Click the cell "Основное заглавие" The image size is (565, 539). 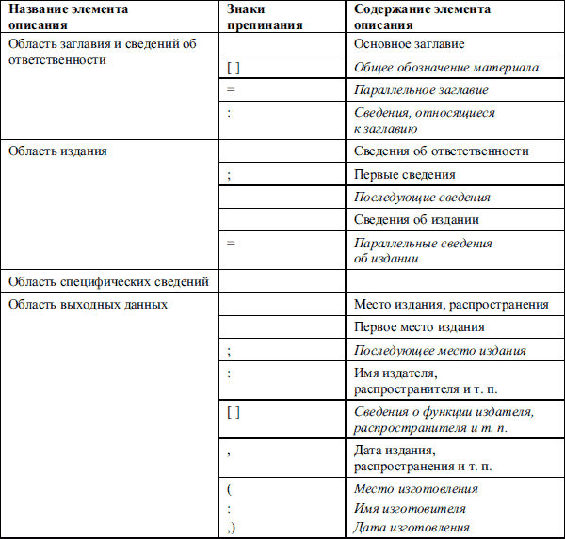(409, 44)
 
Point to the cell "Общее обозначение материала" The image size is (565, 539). (445, 68)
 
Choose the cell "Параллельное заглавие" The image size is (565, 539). (420, 90)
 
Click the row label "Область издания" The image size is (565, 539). (56, 151)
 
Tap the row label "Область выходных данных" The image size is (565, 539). (88, 305)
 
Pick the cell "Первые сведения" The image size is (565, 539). (404, 175)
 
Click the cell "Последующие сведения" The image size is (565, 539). (421, 198)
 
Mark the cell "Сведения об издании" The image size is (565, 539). (416, 220)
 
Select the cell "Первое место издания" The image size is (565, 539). (419, 327)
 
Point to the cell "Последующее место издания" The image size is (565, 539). (439, 351)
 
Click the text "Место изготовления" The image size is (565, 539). (415, 489)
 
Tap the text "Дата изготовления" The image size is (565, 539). (411, 528)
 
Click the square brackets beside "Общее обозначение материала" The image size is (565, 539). (234, 68)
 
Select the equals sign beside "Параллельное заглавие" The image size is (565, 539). (231, 90)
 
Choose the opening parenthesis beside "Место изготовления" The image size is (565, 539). (229, 489)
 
